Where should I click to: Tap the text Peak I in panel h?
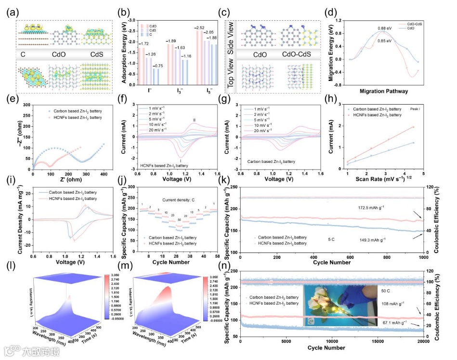[x=417, y=109]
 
